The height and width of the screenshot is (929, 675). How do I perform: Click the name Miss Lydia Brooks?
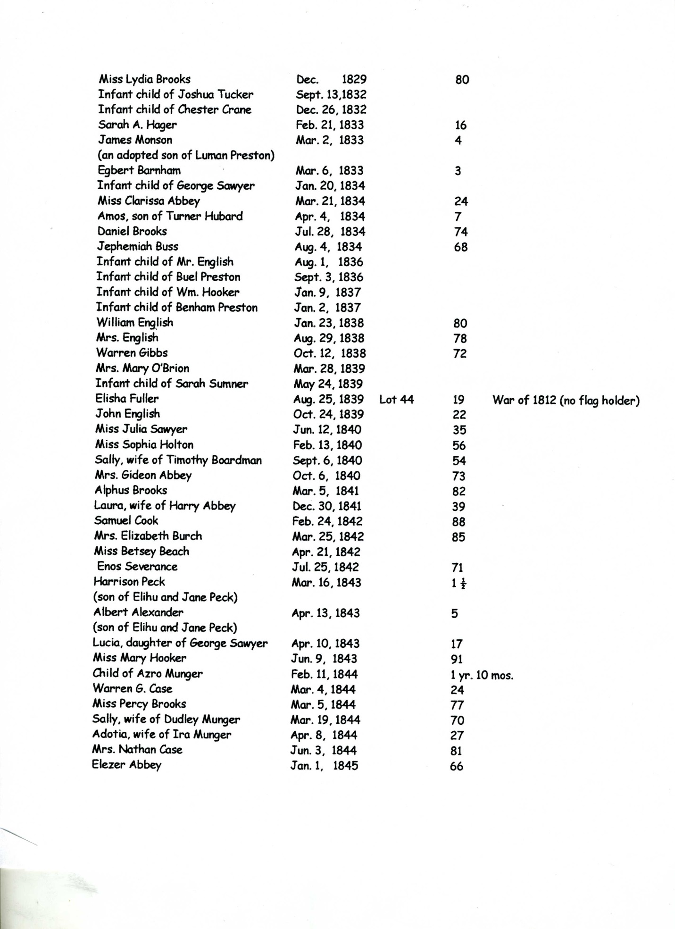pos(144,79)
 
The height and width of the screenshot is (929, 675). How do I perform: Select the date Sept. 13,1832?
pos(331,94)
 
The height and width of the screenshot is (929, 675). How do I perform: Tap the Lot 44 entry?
pos(396,400)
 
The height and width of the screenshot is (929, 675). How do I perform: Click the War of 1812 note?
pos(566,401)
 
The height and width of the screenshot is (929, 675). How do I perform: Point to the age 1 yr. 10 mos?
pos(482,676)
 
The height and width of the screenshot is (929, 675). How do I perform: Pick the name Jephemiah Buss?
pos(137,246)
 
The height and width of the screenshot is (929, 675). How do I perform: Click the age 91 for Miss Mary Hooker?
pos(457,660)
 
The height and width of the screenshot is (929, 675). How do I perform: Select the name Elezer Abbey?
pos(126,765)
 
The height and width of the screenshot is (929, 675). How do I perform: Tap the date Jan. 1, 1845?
pos(324,766)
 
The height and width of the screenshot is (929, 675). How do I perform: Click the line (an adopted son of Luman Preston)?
pos(186,155)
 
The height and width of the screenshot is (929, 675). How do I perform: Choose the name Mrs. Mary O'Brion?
pos(142,368)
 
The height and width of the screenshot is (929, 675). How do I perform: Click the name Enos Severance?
pos(137,567)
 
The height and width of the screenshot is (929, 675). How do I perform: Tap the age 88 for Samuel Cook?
pos(458,522)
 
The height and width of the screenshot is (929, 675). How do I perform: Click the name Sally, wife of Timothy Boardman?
pos(178,460)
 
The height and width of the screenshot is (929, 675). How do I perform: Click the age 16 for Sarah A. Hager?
pos(460,125)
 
